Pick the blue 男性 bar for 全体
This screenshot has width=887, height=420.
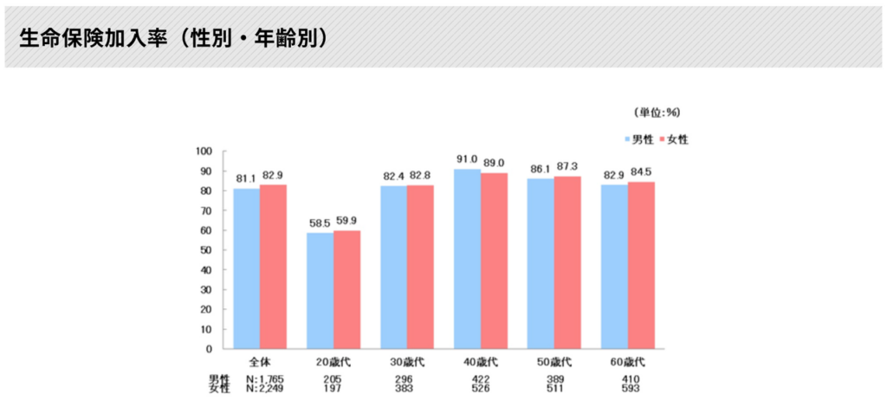pos(247,268)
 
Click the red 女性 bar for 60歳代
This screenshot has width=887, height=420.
pos(641,265)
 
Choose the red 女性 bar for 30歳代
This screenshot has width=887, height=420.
pos(420,267)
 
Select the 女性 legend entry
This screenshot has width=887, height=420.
pos(677,139)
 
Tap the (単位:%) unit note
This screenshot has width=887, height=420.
pos(657,113)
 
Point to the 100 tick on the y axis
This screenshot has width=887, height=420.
pos(204,151)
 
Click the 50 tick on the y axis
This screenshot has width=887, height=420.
pos(207,250)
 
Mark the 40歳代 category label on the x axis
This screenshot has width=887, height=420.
pos(480,360)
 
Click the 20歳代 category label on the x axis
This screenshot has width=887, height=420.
pos(333,360)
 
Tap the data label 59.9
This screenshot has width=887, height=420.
pos(347,221)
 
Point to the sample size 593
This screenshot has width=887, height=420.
pos(627,389)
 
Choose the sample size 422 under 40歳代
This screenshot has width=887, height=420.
pos(480,379)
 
